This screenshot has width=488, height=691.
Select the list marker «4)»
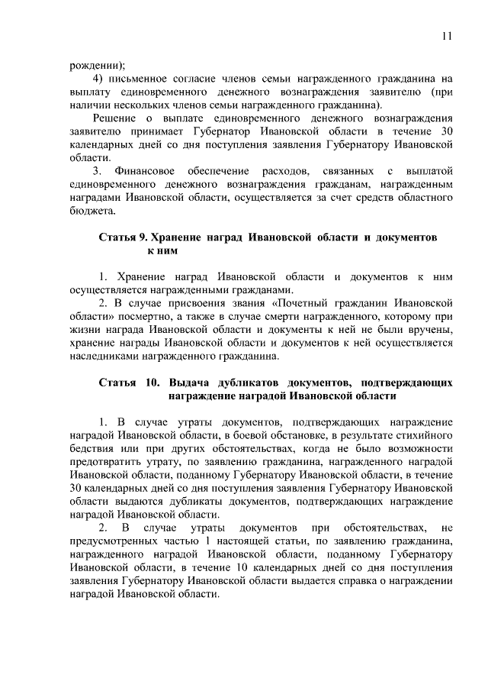(x=97, y=78)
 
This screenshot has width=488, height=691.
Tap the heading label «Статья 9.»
(x=121, y=238)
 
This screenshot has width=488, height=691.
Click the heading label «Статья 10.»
(x=126, y=382)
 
